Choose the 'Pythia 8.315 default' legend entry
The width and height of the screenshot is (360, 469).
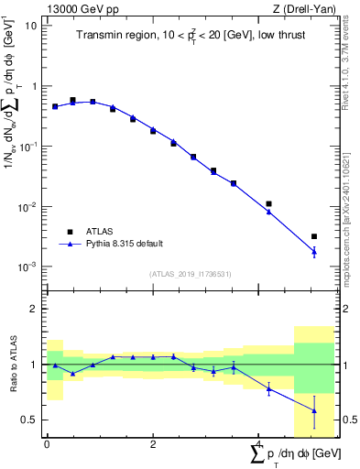pos(124,244)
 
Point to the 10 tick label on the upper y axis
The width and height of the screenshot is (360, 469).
pos(31,26)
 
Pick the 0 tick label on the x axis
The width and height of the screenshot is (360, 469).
pos(47,444)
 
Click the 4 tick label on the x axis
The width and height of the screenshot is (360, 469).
pos(259,444)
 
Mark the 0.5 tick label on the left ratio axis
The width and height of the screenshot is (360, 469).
pos(30,420)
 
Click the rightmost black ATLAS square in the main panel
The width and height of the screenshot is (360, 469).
pos(314,236)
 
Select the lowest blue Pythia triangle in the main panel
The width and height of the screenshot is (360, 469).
pos(314,251)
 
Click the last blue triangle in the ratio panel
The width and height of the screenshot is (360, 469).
pos(314,410)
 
